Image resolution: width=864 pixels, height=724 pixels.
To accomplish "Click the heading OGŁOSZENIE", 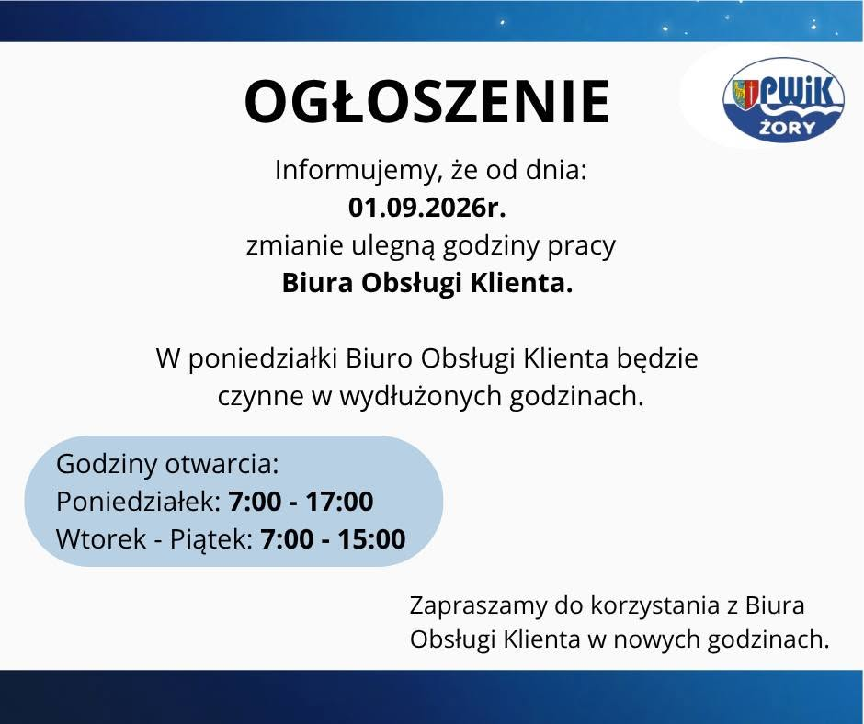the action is pos(427,102).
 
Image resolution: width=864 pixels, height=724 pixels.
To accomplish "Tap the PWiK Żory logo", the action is pos(783,100).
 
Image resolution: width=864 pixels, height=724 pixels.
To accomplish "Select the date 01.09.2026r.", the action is pos(427,209).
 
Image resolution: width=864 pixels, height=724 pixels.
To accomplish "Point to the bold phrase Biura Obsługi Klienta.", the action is pos(427,284).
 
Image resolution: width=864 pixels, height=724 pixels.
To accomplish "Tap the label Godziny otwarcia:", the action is pos(167,464).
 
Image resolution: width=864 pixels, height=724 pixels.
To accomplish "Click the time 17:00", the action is pos(339,502).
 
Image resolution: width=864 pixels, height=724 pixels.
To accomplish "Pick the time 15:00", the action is pos(371,539).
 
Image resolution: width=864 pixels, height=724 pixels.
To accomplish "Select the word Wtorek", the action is pos(101,539).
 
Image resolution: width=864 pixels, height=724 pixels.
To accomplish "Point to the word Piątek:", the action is pos(211,540).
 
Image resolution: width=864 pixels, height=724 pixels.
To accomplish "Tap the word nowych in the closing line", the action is pos(656,640).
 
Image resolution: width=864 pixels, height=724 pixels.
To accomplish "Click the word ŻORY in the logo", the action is pos(787,128).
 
